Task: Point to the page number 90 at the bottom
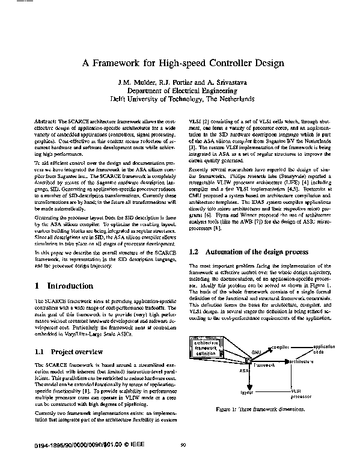[x=183, y=446]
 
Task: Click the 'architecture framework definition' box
[x=205, y=348]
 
